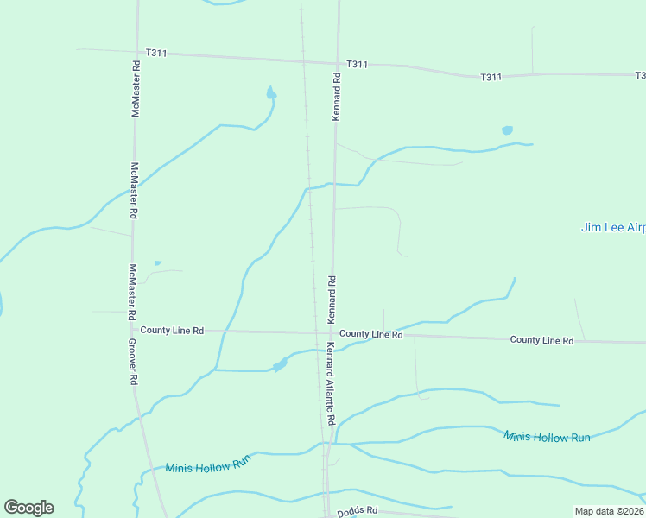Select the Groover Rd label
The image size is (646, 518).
tap(133, 361)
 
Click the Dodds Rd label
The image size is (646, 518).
tap(358, 511)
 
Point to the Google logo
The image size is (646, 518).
tap(28, 508)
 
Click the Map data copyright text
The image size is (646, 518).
tap(610, 511)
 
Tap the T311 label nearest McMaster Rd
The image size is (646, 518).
tap(156, 53)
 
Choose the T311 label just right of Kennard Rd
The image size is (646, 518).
tap(357, 64)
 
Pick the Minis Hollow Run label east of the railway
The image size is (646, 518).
tap(547, 437)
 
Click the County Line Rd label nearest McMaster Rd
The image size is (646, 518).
tap(172, 330)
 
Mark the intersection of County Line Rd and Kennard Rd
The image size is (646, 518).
tap(331, 332)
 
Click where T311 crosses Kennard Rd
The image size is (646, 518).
tap(336, 62)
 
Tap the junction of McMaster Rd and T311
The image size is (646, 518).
tap(136, 52)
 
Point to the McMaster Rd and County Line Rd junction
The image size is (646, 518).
tap(134, 329)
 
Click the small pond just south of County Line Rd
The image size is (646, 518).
tap(280, 365)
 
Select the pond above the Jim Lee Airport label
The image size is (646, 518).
tap(507, 131)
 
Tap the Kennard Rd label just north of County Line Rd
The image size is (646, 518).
tap(331, 300)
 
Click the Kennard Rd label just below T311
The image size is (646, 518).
tap(336, 96)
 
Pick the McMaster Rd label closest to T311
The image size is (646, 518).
tap(136, 89)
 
